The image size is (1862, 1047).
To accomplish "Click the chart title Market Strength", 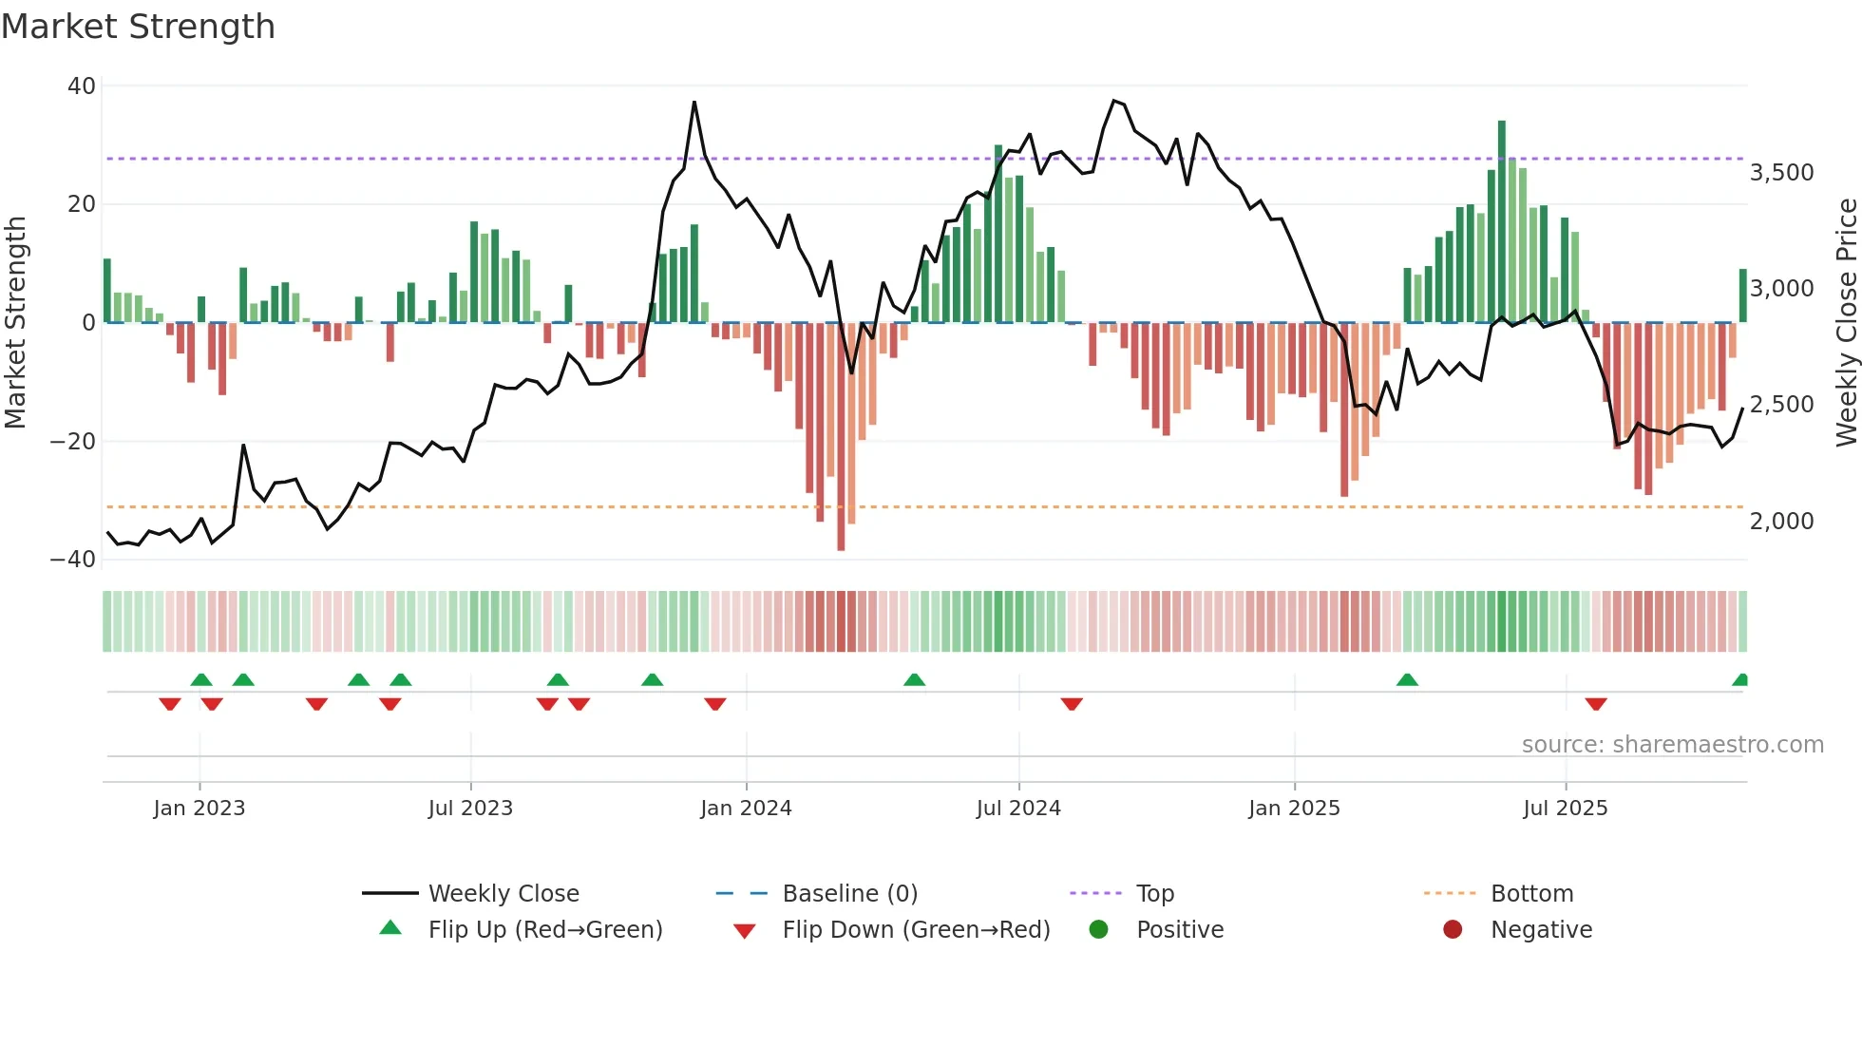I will point(138,27).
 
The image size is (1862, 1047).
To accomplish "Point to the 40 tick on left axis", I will point(82,86).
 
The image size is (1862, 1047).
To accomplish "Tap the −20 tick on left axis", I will point(73,442).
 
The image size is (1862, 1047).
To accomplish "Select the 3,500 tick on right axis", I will point(1781,173).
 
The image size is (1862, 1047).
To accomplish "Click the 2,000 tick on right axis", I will point(1781,522).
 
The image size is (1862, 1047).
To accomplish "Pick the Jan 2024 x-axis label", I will point(746,809).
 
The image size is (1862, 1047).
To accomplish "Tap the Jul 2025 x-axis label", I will point(1565,809).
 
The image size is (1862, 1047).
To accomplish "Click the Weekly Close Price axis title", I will point(1846,323).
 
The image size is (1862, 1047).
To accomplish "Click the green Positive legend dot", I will point(1099,930).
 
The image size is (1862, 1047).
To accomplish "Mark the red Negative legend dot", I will point(1453,930).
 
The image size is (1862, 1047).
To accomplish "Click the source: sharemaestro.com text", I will point(1672,745).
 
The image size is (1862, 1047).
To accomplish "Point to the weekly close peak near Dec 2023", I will point(694,103).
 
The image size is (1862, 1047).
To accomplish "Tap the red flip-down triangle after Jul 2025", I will point(1596,704).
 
